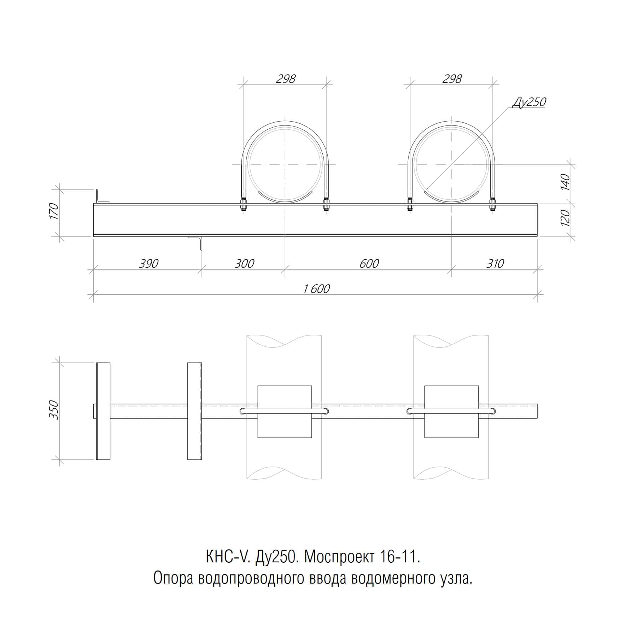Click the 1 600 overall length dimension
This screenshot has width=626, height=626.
[316, 289]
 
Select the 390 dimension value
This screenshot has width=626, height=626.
[148, 263]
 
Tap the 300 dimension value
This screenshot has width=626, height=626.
[244, 263]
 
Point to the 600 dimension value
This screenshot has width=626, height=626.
[369, 263]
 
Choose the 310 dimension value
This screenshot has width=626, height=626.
[495, 263]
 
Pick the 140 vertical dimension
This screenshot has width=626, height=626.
[565, 182]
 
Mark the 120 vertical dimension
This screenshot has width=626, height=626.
[565, 218]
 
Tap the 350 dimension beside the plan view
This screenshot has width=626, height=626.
[53, 410]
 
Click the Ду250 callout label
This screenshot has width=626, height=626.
[529, 102]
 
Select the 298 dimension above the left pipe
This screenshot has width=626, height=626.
[286, 78]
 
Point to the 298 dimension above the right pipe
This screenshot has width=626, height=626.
[452, 78]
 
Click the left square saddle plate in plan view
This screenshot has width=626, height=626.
[285, 411]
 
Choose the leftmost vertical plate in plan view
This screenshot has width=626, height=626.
[103, 411]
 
